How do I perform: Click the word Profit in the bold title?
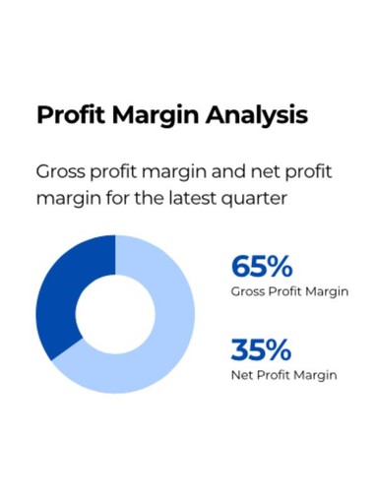(71, 115)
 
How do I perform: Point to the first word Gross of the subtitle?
(60, 171)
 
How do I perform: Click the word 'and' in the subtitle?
(228, 171)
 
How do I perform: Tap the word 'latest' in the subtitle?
(192, 198)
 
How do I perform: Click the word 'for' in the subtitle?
(118, 198)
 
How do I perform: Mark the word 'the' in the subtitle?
(149, 198)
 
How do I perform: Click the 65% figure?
(262, 266)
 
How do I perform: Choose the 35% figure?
(261, 349)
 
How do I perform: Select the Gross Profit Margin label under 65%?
(289, 291)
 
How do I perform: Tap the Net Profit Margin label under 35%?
(284, 375)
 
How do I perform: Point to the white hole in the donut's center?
(115, 314)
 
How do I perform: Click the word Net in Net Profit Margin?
(242, 375)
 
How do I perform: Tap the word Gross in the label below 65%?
(248, 291)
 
